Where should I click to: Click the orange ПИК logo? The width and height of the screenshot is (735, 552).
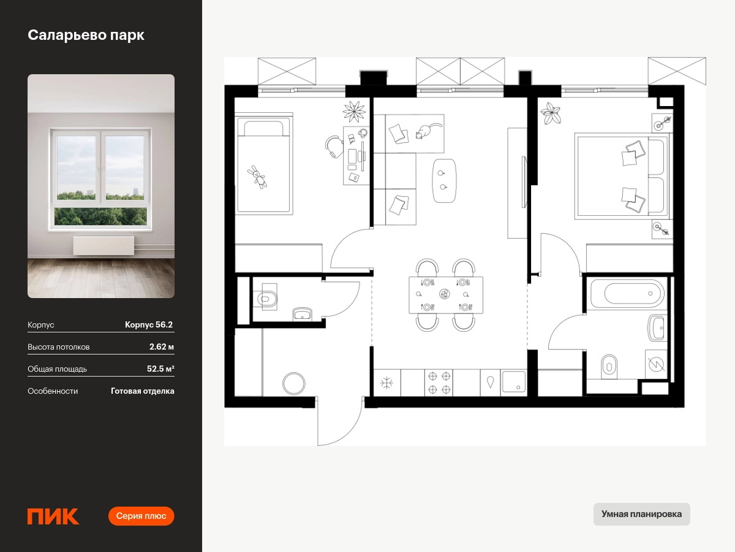[x=53, y=516]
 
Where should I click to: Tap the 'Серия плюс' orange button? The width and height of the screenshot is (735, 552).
[x=141, y=516]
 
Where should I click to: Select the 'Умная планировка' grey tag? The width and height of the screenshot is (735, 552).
[x=641, y=514]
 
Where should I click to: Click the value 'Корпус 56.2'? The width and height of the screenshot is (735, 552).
[x=149, y=324]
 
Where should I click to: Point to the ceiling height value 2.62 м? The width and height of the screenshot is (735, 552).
[x=162, y=347]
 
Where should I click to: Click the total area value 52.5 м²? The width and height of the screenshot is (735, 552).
[x=160, y=369]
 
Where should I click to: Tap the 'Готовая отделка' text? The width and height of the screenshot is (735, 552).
[x=142, y=391]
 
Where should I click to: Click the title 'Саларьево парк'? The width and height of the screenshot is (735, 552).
[x=86, y=35]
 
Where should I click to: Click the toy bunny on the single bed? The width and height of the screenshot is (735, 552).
[x=257, y=177]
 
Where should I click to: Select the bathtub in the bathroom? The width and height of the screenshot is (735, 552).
[x=627, y=293]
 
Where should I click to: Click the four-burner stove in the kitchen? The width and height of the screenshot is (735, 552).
[x=439, y=383]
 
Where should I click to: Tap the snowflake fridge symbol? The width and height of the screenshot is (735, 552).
[x=386, y=383]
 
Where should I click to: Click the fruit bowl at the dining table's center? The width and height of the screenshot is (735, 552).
[x=445, y=294]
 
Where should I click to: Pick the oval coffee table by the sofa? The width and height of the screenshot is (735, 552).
[x=444, y=181]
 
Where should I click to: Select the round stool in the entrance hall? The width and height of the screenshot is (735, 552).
[x=293, y=383]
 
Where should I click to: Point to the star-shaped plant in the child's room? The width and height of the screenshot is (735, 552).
[x=354, y=112]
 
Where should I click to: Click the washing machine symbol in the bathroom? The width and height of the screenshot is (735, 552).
[x=656, y=364]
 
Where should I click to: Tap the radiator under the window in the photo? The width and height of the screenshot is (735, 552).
[x=104, y=245]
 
